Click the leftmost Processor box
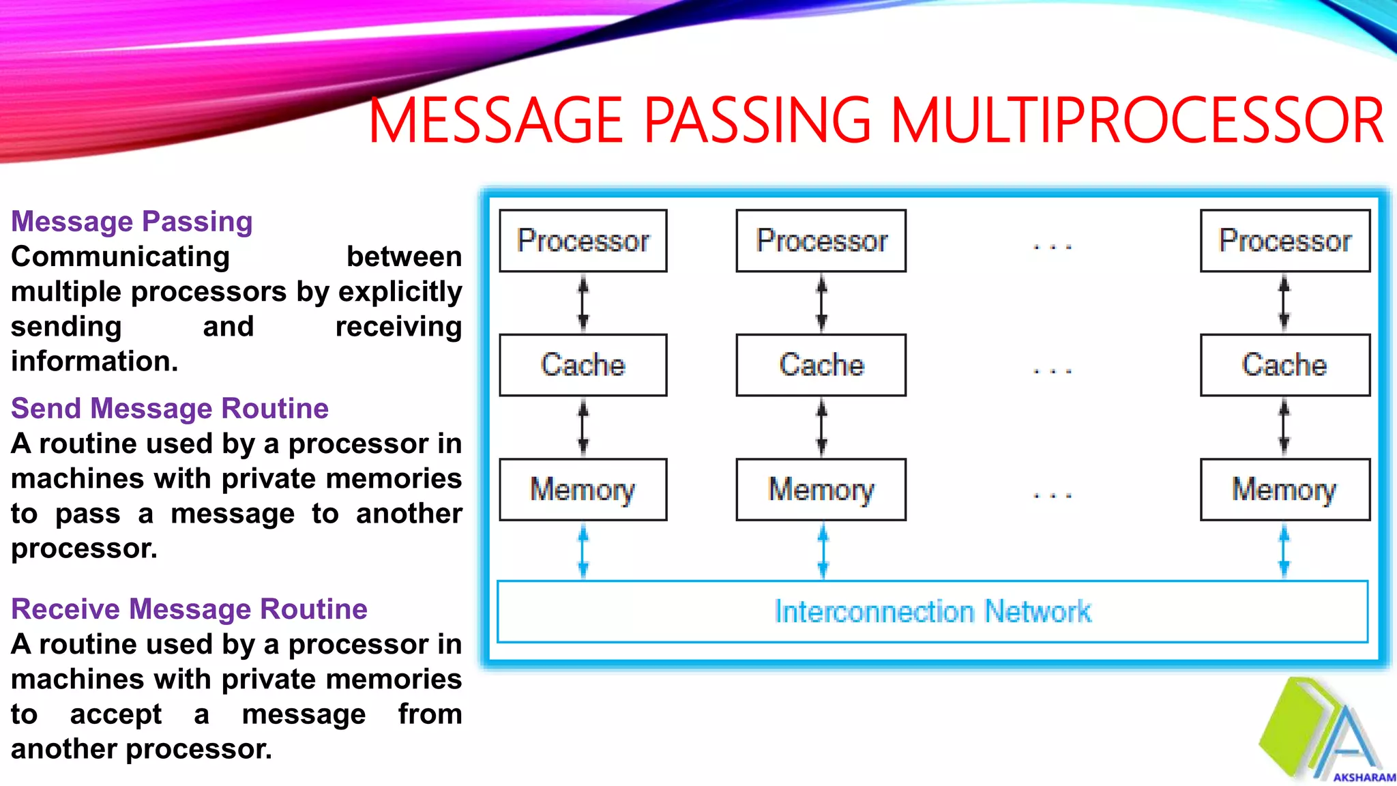(583, 241)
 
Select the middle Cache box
(821, 365)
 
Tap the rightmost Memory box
(1284, 490)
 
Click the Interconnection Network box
(932, 612)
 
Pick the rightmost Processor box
(1285, 241)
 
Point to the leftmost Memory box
(583, 490)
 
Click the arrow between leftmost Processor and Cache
(583, 303)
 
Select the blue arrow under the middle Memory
(823, 551)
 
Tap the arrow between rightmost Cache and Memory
(1284, 428)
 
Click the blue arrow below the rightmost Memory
(1284, 551)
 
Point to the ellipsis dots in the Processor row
(1053, 246)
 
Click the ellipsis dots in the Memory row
(1053, 495)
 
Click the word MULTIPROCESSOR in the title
(1137, 121)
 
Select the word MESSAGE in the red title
(496, 121)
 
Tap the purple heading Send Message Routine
(170, 409)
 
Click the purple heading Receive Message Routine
(189, 609)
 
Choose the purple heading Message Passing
(132, 222)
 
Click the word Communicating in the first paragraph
(120, 257)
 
